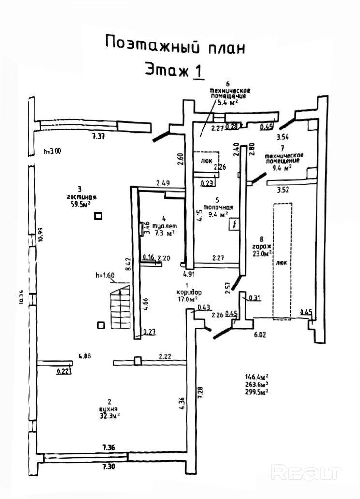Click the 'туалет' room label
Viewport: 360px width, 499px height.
[x=164, y=226]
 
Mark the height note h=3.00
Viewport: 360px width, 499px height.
[x=52, y=151]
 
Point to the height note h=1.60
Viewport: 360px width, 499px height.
[x=105, y=276]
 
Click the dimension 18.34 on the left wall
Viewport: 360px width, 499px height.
[x=21, y=296]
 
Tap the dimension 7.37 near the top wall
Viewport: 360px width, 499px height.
[x=98, y=137]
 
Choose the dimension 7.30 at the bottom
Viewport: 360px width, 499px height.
[x=109, y=467]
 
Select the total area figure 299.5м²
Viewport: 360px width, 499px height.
[x=257, y=392]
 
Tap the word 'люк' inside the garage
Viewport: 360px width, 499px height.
[x=281, y=264]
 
